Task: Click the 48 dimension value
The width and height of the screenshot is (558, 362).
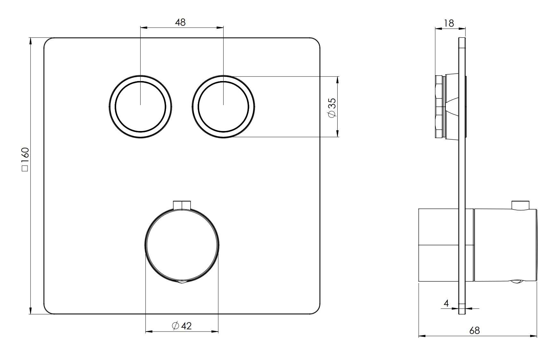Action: click(x=180, y=22)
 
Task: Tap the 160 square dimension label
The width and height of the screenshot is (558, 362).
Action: click(x=25, y=160)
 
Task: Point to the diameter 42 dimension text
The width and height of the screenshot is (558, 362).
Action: click(x=182, y=326)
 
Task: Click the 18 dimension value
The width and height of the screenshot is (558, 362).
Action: click(x=449, y=23)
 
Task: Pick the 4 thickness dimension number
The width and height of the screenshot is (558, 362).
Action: click(x=447, y=303)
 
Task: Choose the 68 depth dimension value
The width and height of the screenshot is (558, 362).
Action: click(x=474, y=330)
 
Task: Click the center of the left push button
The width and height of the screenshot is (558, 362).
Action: click(x=141, y=107)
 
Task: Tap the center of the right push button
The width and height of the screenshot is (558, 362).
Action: click(x=223, y=107)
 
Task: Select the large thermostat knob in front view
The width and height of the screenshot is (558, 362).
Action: click(x=182, y=245)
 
